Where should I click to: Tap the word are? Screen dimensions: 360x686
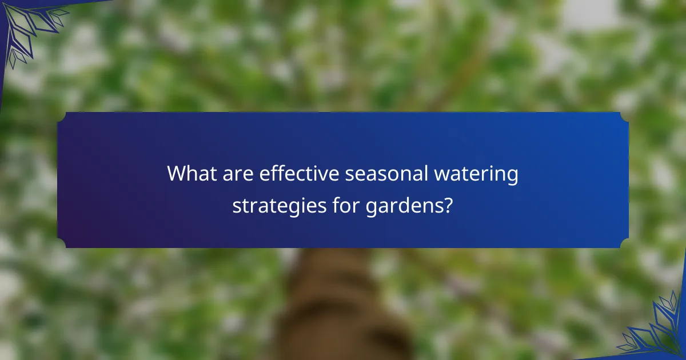(239, 174)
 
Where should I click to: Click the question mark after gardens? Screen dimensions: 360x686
(449, 204)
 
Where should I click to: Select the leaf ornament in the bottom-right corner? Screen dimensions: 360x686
(657, 331)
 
